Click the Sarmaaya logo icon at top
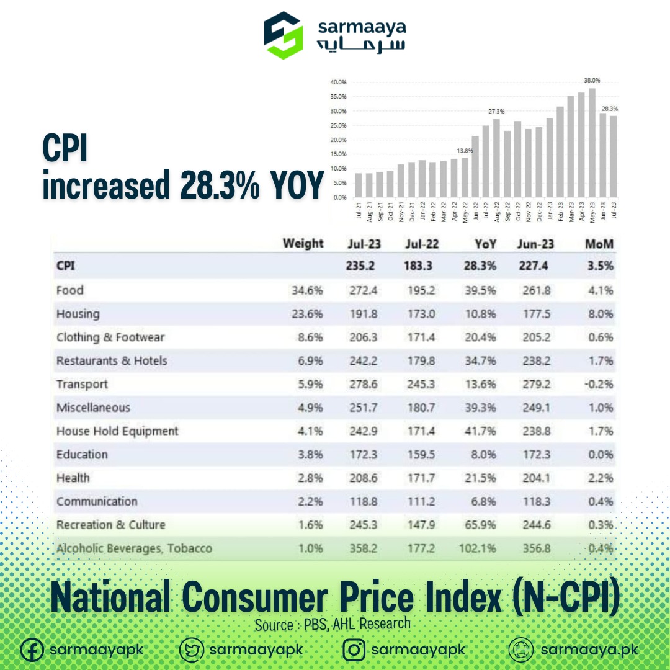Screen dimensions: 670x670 click(x=284, y=35)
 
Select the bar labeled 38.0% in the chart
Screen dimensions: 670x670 click(x=592, y=143)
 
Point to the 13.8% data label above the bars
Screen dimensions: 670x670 click(x=465, y=150)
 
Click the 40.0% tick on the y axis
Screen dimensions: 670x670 click(x=338, y=83)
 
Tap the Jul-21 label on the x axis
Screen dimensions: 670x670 click(x=359, y=209)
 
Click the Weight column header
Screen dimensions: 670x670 click(x=303, y=243)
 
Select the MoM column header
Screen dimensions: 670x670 click(x=599, y=244)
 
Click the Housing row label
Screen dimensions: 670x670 click(x=78, y=314)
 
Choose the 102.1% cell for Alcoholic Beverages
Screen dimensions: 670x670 click(x=478, y=548)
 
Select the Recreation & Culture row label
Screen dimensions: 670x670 click(x=110, y=525)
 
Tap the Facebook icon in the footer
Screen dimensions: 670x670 click(x=32, y=650)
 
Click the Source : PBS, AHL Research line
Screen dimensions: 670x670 click(x=333, y=624)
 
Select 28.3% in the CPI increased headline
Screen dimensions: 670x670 click(x=219, y=185)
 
